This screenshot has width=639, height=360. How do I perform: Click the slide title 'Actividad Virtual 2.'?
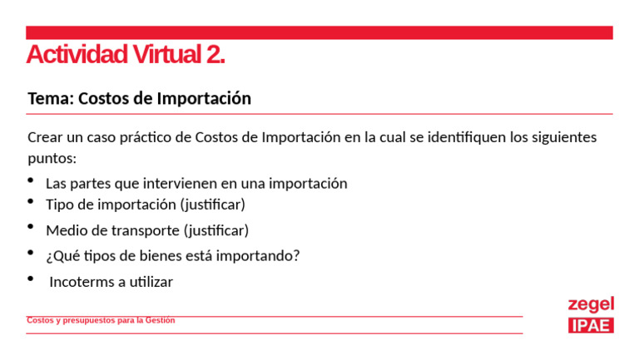coord(126,55)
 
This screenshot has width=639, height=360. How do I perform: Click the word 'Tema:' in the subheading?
coord(49,99)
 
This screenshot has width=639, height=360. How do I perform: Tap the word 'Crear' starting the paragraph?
coord(45,137)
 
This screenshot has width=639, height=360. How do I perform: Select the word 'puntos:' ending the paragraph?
coord(52,158)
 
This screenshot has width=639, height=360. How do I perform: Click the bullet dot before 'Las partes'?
coord(31,180)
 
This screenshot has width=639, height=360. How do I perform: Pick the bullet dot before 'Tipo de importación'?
coord(31,202)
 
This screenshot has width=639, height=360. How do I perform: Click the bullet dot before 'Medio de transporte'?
coord(31,227)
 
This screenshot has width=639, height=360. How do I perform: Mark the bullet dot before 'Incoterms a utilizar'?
coord(31,279)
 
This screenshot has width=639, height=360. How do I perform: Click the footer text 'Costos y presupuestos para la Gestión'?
coord(101,321)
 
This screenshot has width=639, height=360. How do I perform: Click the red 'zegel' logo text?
coord(591,304)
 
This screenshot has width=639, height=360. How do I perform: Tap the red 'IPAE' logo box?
coord(591,325)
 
